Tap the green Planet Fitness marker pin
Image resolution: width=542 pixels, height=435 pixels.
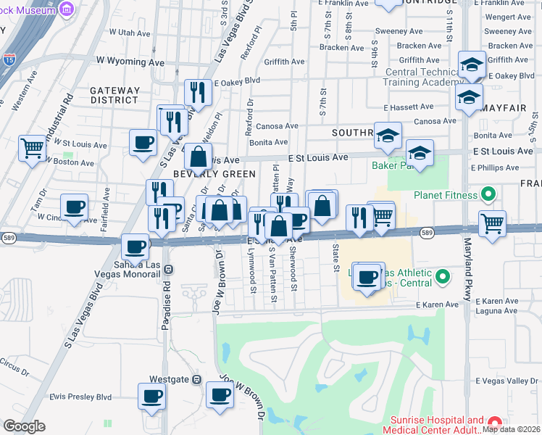pyautogui.click(x=488, y=194)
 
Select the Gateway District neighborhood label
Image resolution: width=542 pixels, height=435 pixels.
pyautogui.click(x=114, y=95)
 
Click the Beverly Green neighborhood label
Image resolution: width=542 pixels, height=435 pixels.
pyautogui.click(x=214, y=174)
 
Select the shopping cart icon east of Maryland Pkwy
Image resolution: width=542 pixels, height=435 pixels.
pyautogui.click(x=492, y=222)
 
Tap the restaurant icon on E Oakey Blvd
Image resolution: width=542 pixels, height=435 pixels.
pyautogui.click(x=198, y=91)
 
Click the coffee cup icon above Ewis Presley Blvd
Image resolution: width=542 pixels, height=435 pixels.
pyautogui.click(x=152, y=396)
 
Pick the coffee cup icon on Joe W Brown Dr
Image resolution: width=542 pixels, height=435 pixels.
pyautogui.click(x=220, y=395)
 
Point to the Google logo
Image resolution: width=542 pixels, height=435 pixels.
pyautogui.click(x=25, y=426)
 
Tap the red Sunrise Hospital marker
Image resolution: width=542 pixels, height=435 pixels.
pyautogui.click(x=495, y=422)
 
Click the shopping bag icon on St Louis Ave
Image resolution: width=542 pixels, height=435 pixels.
pyautogui.click(x=198, y=156)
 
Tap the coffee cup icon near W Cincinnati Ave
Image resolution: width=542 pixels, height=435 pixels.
pyautogui.click(x=74, y=207)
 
